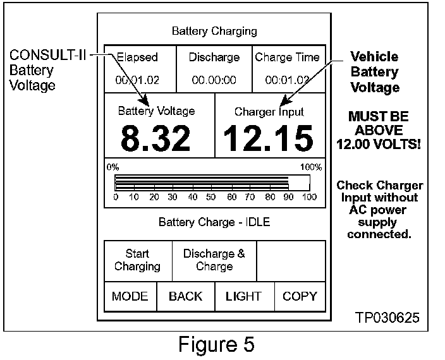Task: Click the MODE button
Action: point(130,296)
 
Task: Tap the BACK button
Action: point(186,296)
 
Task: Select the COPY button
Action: point(300,296)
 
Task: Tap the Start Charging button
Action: point(137,260)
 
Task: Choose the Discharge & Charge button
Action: point(214,260)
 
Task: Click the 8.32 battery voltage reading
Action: point(155,138)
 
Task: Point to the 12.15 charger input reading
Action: point(269,138)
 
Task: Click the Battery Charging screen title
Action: point(214,30)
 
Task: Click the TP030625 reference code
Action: point(387,317)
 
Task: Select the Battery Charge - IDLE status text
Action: point(214,222)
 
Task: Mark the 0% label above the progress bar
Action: point(113,167)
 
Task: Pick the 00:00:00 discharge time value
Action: point(214,80)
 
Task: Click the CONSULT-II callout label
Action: point(47,56)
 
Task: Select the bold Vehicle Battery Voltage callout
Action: point(375,72)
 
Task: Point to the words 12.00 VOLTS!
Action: point(379,145)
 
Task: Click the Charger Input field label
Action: point(269,112)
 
